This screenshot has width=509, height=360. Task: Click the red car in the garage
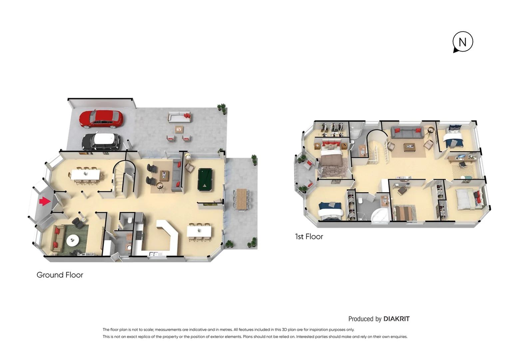pos(101,119)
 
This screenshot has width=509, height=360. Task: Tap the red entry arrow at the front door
pos(45,201)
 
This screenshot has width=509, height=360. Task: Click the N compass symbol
pos(463,42)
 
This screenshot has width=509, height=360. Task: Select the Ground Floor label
pos(60,275)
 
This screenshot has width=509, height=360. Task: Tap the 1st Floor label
pos(309,237)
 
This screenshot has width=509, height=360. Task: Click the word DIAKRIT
pos(396,319)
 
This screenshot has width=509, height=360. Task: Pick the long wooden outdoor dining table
pos(242,199)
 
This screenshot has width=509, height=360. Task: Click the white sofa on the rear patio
pos(180,117)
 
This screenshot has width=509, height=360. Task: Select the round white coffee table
pos(73,240)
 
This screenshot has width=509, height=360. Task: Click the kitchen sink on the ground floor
pos(155,254)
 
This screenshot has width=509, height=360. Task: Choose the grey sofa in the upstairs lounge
pos(407,132)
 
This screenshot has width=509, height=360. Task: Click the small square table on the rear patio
pos(179,129)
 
